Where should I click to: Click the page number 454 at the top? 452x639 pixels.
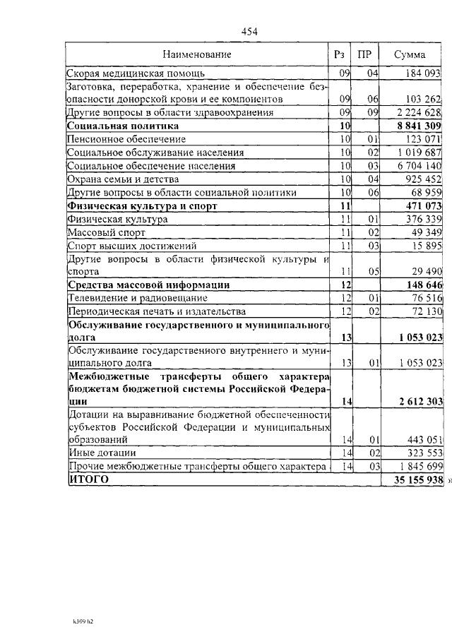250,31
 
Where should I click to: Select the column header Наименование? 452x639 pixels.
197,54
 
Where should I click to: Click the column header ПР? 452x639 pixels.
364,54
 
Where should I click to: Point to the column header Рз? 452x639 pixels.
339,54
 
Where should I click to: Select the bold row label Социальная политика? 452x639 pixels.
123,125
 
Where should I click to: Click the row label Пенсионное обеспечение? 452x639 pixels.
126,139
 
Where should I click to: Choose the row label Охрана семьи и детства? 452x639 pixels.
122,179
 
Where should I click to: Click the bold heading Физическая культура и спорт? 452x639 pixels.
141,206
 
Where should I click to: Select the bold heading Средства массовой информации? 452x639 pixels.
149,285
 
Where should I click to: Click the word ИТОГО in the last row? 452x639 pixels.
89,479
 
